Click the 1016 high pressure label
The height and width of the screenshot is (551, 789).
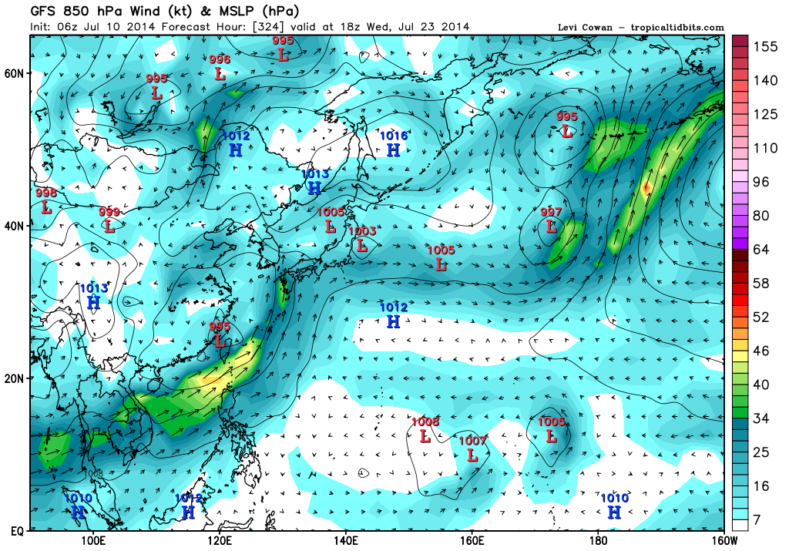393,136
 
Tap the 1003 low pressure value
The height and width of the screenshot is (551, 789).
361,231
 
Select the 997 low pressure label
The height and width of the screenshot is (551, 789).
551,212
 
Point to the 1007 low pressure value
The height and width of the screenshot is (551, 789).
472,441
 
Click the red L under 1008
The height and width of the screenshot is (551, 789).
425,436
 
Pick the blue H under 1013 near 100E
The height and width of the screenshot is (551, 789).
93,302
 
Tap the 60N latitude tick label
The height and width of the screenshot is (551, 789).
15,73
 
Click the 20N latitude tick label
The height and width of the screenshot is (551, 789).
15,378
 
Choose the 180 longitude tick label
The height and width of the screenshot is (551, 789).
598,541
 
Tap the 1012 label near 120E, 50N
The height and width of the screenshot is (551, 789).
236,136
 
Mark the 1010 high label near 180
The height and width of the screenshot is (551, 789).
614,499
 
